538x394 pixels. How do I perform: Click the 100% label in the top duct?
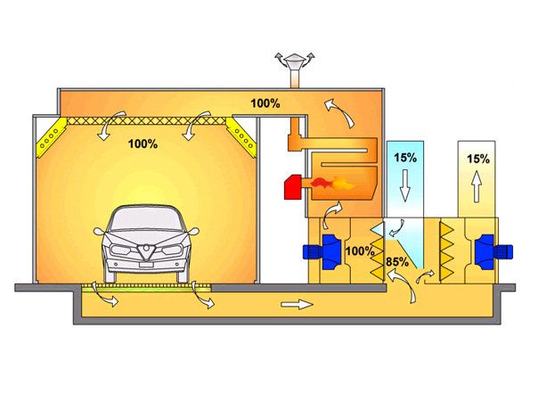[265, 103]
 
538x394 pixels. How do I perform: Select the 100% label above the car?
[143, 143]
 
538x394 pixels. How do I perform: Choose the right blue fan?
[485, 249]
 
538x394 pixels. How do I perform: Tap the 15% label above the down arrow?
[406, 159]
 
